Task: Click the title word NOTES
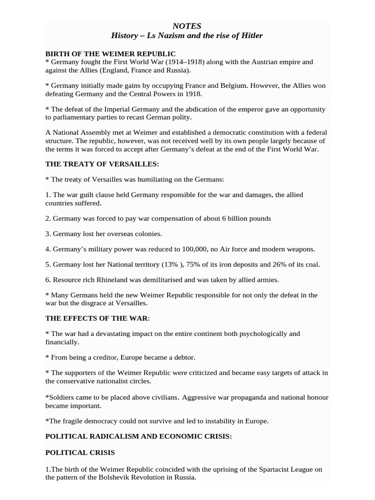187,26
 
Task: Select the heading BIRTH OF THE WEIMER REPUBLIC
110,53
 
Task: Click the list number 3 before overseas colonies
48,234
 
